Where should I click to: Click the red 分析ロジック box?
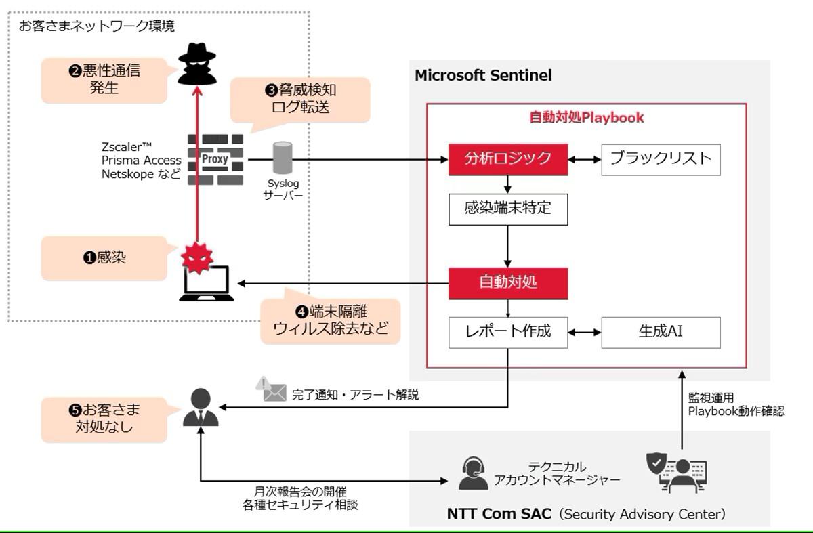coord(508,160)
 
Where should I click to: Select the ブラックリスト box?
coord(661,160)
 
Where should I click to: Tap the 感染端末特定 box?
coord(508,209)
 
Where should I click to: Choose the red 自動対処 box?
coord(508,283)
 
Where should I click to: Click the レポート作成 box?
coord(508,333)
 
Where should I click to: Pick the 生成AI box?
coord(661,333)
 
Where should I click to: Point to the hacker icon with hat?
coord(197,64)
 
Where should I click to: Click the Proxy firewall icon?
coord(215,160)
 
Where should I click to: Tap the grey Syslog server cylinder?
coord(283,158)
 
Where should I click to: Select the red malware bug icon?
coord(196,258)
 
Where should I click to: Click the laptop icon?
coord(207,284)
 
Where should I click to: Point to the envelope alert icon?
coord(271,389)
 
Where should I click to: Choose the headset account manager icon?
coord(474,473)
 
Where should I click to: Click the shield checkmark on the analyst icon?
coord(656,463)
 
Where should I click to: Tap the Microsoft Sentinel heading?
coord(483,75)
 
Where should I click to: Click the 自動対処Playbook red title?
coord(587,118)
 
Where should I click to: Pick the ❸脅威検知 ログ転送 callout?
coord(300,100)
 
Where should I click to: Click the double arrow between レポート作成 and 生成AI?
coord(585,333)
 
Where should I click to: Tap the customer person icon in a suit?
coord(201,408)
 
